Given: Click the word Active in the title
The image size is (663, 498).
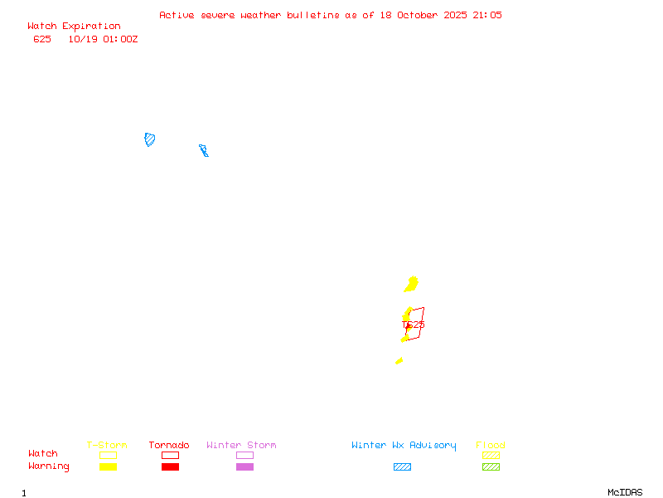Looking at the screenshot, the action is point(177,15).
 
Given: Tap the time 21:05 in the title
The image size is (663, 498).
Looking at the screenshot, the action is point(487,15).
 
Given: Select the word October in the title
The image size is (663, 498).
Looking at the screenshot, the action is point(421,15).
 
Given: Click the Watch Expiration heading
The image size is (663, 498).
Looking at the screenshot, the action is point(74,27).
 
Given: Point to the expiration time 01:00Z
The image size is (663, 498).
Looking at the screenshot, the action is point(120,39).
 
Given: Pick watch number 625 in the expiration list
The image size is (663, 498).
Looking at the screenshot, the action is point(42,39).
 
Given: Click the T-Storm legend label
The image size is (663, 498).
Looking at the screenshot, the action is point(107,446).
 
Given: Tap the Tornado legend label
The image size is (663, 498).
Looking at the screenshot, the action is point(169,446).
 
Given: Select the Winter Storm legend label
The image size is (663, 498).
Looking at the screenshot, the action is point(241,446).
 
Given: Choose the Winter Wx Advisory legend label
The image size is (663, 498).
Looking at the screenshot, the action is point(404,446).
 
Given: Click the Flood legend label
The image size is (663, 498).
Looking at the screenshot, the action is point(491,446).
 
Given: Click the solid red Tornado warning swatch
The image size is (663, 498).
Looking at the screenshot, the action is point(170,466).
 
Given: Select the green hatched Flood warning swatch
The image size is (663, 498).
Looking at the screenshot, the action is point(491,466).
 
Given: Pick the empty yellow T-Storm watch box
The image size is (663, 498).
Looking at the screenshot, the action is point(108,455).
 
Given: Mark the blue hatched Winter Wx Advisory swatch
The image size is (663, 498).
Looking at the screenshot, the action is point(402,466).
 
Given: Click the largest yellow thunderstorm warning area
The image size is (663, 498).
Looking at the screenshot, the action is point(411,285).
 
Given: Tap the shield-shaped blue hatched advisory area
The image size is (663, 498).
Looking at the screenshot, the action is point(150,139).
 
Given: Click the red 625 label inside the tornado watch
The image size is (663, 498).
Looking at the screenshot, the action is point(416,325).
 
